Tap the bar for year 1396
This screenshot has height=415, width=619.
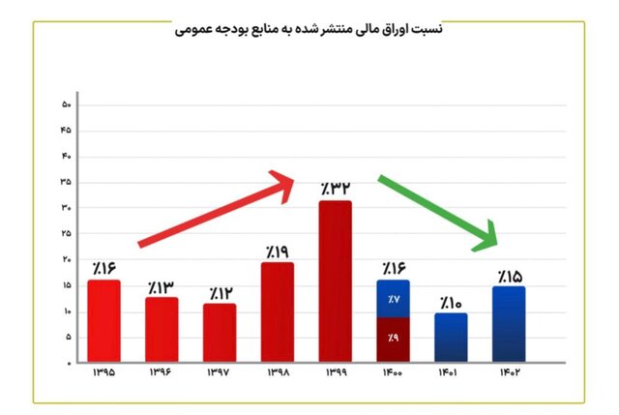click(162, 329)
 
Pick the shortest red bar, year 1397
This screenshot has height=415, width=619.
click(220, 333)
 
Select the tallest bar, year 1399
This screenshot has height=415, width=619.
click(335, 281)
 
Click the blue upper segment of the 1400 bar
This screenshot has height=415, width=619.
click(394, 298)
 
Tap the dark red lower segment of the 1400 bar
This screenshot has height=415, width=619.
click(394, 339)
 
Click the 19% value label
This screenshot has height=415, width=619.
click(278, 251)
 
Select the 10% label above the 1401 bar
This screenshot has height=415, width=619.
click(451, 302)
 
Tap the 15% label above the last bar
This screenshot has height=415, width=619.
click(510, 276)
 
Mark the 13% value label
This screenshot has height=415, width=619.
click(162, 286)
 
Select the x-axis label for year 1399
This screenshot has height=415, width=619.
click(335, 372)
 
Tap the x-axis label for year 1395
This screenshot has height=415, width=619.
click(103, 372)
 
